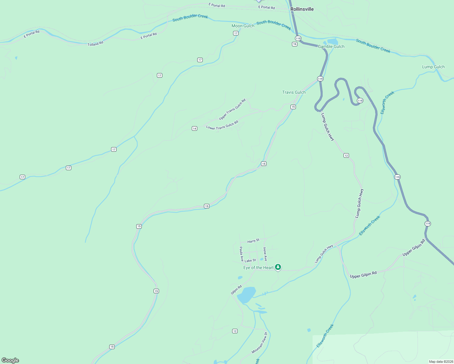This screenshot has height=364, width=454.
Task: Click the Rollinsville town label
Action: pyautogui.click(x=302, y=9)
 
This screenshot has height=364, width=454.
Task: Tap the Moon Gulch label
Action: pyautogui.click(x=243, y=26)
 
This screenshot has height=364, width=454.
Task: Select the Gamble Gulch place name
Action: pyautogui.click(x=331, y=46)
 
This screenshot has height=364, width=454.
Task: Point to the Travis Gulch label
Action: pyautogui.click(x=294, y=92)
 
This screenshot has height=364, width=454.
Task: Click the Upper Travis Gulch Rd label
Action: pyautogui.click(x=232, y=109)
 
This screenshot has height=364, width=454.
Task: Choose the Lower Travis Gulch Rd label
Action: pyautogui.click(x=222, y=125)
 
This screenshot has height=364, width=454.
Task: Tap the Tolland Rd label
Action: pyautogui.click(x=95, y=44)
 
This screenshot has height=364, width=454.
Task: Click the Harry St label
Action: pyautogui.click(x=253, y=241)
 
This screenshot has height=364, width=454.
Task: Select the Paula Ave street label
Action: pyautogui.click(x=241, y=254)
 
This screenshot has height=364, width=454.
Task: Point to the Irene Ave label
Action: pyautogui.click(x=265, y=254)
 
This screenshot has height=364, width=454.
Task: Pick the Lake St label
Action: pyautogui.click(x=250, y=261)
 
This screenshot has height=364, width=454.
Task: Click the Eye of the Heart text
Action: pyautogui.click(x=259, y=268)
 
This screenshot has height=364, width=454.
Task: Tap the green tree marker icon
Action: pyautogui.click(x=278, y=267)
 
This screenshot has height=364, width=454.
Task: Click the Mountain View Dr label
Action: pyautogui.click(x=259, y=343)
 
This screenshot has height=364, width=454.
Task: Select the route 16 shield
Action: pyautogui.click(x=295, y=44)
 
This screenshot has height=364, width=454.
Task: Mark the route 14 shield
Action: pyautogui.click(x=195, y=129)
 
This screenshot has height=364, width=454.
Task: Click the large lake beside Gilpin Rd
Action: pyautogui.click(x=246, y=294)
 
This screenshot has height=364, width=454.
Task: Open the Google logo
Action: pyautogui.click(x=10, y=360)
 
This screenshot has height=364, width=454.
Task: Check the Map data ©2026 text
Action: pyautogui.click(x=440, y=362)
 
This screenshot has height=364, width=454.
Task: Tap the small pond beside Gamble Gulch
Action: pyautogui.click(x=333, y=41)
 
